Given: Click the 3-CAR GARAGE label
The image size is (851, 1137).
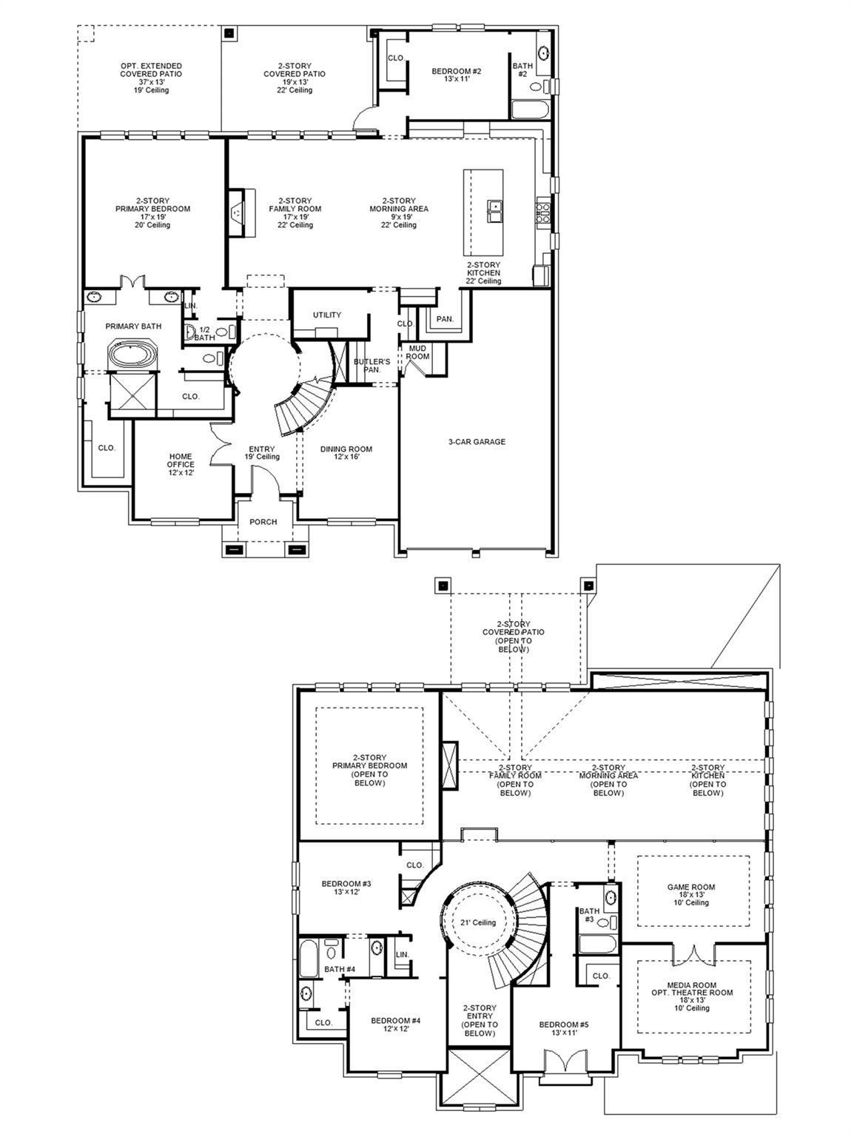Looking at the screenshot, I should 477,442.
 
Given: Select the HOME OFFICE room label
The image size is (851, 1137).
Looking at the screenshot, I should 181,464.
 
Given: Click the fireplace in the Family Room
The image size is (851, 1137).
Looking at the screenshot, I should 237,212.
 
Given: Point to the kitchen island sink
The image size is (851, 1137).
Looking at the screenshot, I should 494,210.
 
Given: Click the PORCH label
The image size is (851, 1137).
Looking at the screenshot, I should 263,522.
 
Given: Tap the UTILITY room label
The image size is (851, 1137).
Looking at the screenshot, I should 326,315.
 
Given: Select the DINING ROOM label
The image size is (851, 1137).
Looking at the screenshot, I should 346,453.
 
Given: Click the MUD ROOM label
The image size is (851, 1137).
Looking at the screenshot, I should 417,352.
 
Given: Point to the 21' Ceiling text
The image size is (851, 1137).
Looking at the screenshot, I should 477,922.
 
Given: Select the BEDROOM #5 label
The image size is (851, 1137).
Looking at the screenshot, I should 564,1028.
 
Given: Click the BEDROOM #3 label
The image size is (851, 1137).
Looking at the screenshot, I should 346,888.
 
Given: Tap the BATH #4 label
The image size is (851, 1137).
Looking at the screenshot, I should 340,969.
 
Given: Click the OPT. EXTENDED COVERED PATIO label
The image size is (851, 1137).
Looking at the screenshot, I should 151,78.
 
